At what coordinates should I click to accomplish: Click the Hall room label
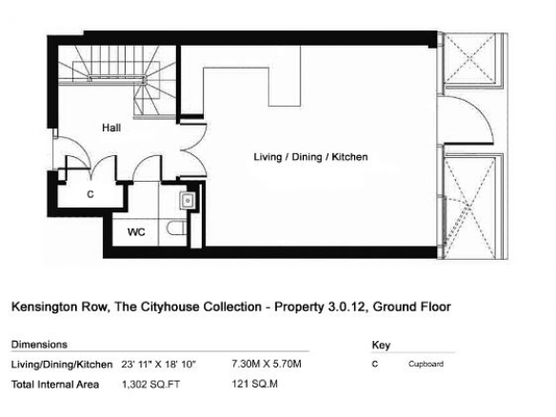click(111, 128)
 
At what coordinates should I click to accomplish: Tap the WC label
click(136, 232)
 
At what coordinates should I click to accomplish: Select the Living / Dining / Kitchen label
click(310, 157)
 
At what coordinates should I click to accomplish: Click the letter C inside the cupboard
click(90, 194)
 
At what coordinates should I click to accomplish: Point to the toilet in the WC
click(176, 228)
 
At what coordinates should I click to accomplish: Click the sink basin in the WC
click(187, 201)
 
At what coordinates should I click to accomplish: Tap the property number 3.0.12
click(345, 307)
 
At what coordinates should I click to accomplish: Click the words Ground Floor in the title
click(411, 307)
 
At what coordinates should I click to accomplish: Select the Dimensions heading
click(39, 345)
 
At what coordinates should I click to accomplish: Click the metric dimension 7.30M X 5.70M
click(267, 364)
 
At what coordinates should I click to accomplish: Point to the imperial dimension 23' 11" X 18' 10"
click(158, 365)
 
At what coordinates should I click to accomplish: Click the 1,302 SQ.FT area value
click(150, 385)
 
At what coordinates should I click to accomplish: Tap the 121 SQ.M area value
click(254, 384)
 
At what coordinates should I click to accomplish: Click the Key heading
click(381, 345)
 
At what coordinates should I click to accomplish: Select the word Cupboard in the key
click(426, 364)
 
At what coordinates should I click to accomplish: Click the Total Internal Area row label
click(55, 385)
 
